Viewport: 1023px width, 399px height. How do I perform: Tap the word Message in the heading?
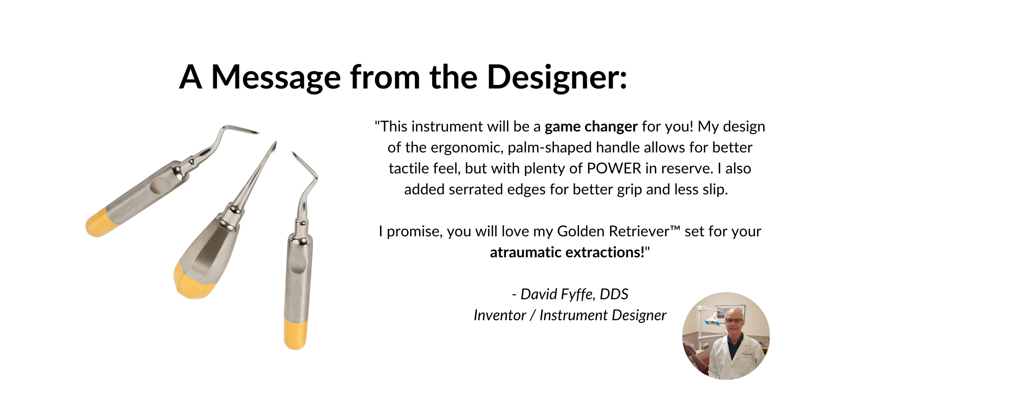point(276,77)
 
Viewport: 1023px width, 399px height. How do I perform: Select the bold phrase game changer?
point(591,127)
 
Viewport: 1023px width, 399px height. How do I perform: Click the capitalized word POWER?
point(614,168)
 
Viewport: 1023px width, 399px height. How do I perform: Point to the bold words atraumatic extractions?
point(567,252)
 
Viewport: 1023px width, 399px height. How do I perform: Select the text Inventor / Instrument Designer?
point(570,315)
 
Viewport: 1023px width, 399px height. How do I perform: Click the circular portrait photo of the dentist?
point(726,336)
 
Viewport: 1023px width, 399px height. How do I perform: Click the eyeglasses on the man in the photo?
point(734,321)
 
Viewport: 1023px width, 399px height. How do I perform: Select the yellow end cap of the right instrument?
point(296,334)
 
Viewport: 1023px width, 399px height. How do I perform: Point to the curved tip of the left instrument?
point(240,129)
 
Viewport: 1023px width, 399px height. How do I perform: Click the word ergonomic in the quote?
point(467,148)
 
